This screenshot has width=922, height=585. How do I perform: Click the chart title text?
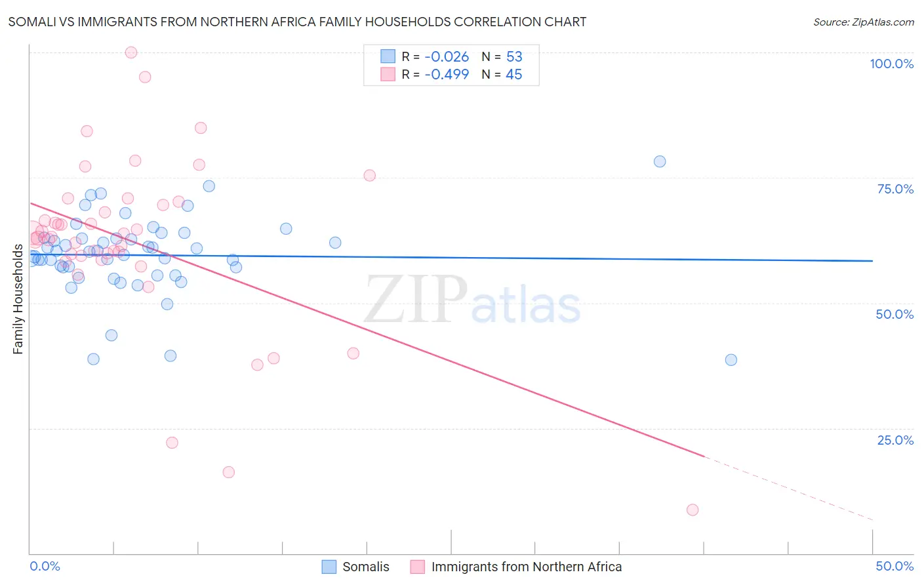(297, 22)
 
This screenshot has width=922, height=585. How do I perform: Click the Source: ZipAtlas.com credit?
(863, 22)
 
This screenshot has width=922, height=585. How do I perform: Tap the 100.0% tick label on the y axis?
(891, 64)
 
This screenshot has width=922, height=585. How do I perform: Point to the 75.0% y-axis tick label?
(895, 189)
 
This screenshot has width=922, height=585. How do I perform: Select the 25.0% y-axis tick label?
(895, 440)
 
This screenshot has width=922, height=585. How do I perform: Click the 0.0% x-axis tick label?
(45, 566)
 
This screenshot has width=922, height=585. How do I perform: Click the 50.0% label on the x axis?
(894, 566)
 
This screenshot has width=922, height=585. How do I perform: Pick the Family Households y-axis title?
(18, 299)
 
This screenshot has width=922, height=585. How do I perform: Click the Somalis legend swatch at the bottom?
(329, 567)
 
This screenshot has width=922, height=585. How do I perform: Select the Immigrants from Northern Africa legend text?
(526, 567)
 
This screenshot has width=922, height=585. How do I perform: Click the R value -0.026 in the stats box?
(447, 57)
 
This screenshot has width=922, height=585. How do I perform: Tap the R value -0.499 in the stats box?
(447, 75)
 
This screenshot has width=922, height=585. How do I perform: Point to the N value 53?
(514, 57)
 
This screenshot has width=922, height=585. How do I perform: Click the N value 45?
(514, 75)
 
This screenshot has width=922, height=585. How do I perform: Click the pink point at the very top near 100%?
(131, 52)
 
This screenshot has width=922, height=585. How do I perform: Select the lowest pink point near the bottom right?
(692, 510)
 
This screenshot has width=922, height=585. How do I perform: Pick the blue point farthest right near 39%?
(731, 360)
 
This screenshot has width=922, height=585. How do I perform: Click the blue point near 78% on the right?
(660, 161)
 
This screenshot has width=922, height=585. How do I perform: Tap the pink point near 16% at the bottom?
(229, 472)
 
